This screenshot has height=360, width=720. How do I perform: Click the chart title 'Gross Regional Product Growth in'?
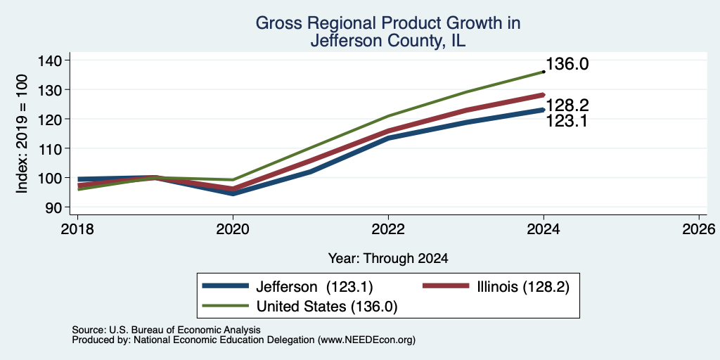[x=388, y=23]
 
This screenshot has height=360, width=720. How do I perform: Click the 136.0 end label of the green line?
[x=567, y=64]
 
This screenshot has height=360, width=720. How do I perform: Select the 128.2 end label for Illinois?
[x=567, y=105]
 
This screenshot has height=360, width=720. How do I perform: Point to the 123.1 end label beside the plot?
[x=567, y=121]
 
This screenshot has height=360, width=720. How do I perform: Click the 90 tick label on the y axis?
[x=60, y=207]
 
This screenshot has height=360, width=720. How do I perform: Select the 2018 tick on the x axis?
[x=77, y=229]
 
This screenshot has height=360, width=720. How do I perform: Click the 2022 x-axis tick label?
[x=388, y=229]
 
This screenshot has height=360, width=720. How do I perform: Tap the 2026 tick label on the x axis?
[x=699, y=229]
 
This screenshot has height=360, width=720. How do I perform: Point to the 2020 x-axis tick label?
[x=233, y=229]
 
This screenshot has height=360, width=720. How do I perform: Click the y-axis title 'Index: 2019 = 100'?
[x=22, y=134]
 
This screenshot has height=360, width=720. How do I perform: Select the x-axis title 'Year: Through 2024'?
[x=388, y=259]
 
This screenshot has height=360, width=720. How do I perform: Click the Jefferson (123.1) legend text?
[x=314, y=287]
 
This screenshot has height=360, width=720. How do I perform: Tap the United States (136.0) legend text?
[x=327, y=307]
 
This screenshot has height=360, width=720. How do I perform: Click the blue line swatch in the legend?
[x=226, y=286]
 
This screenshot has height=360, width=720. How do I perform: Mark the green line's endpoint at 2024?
[x=544, y=72]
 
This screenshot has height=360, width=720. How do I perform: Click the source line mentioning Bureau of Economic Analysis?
[x=166, y=330]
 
